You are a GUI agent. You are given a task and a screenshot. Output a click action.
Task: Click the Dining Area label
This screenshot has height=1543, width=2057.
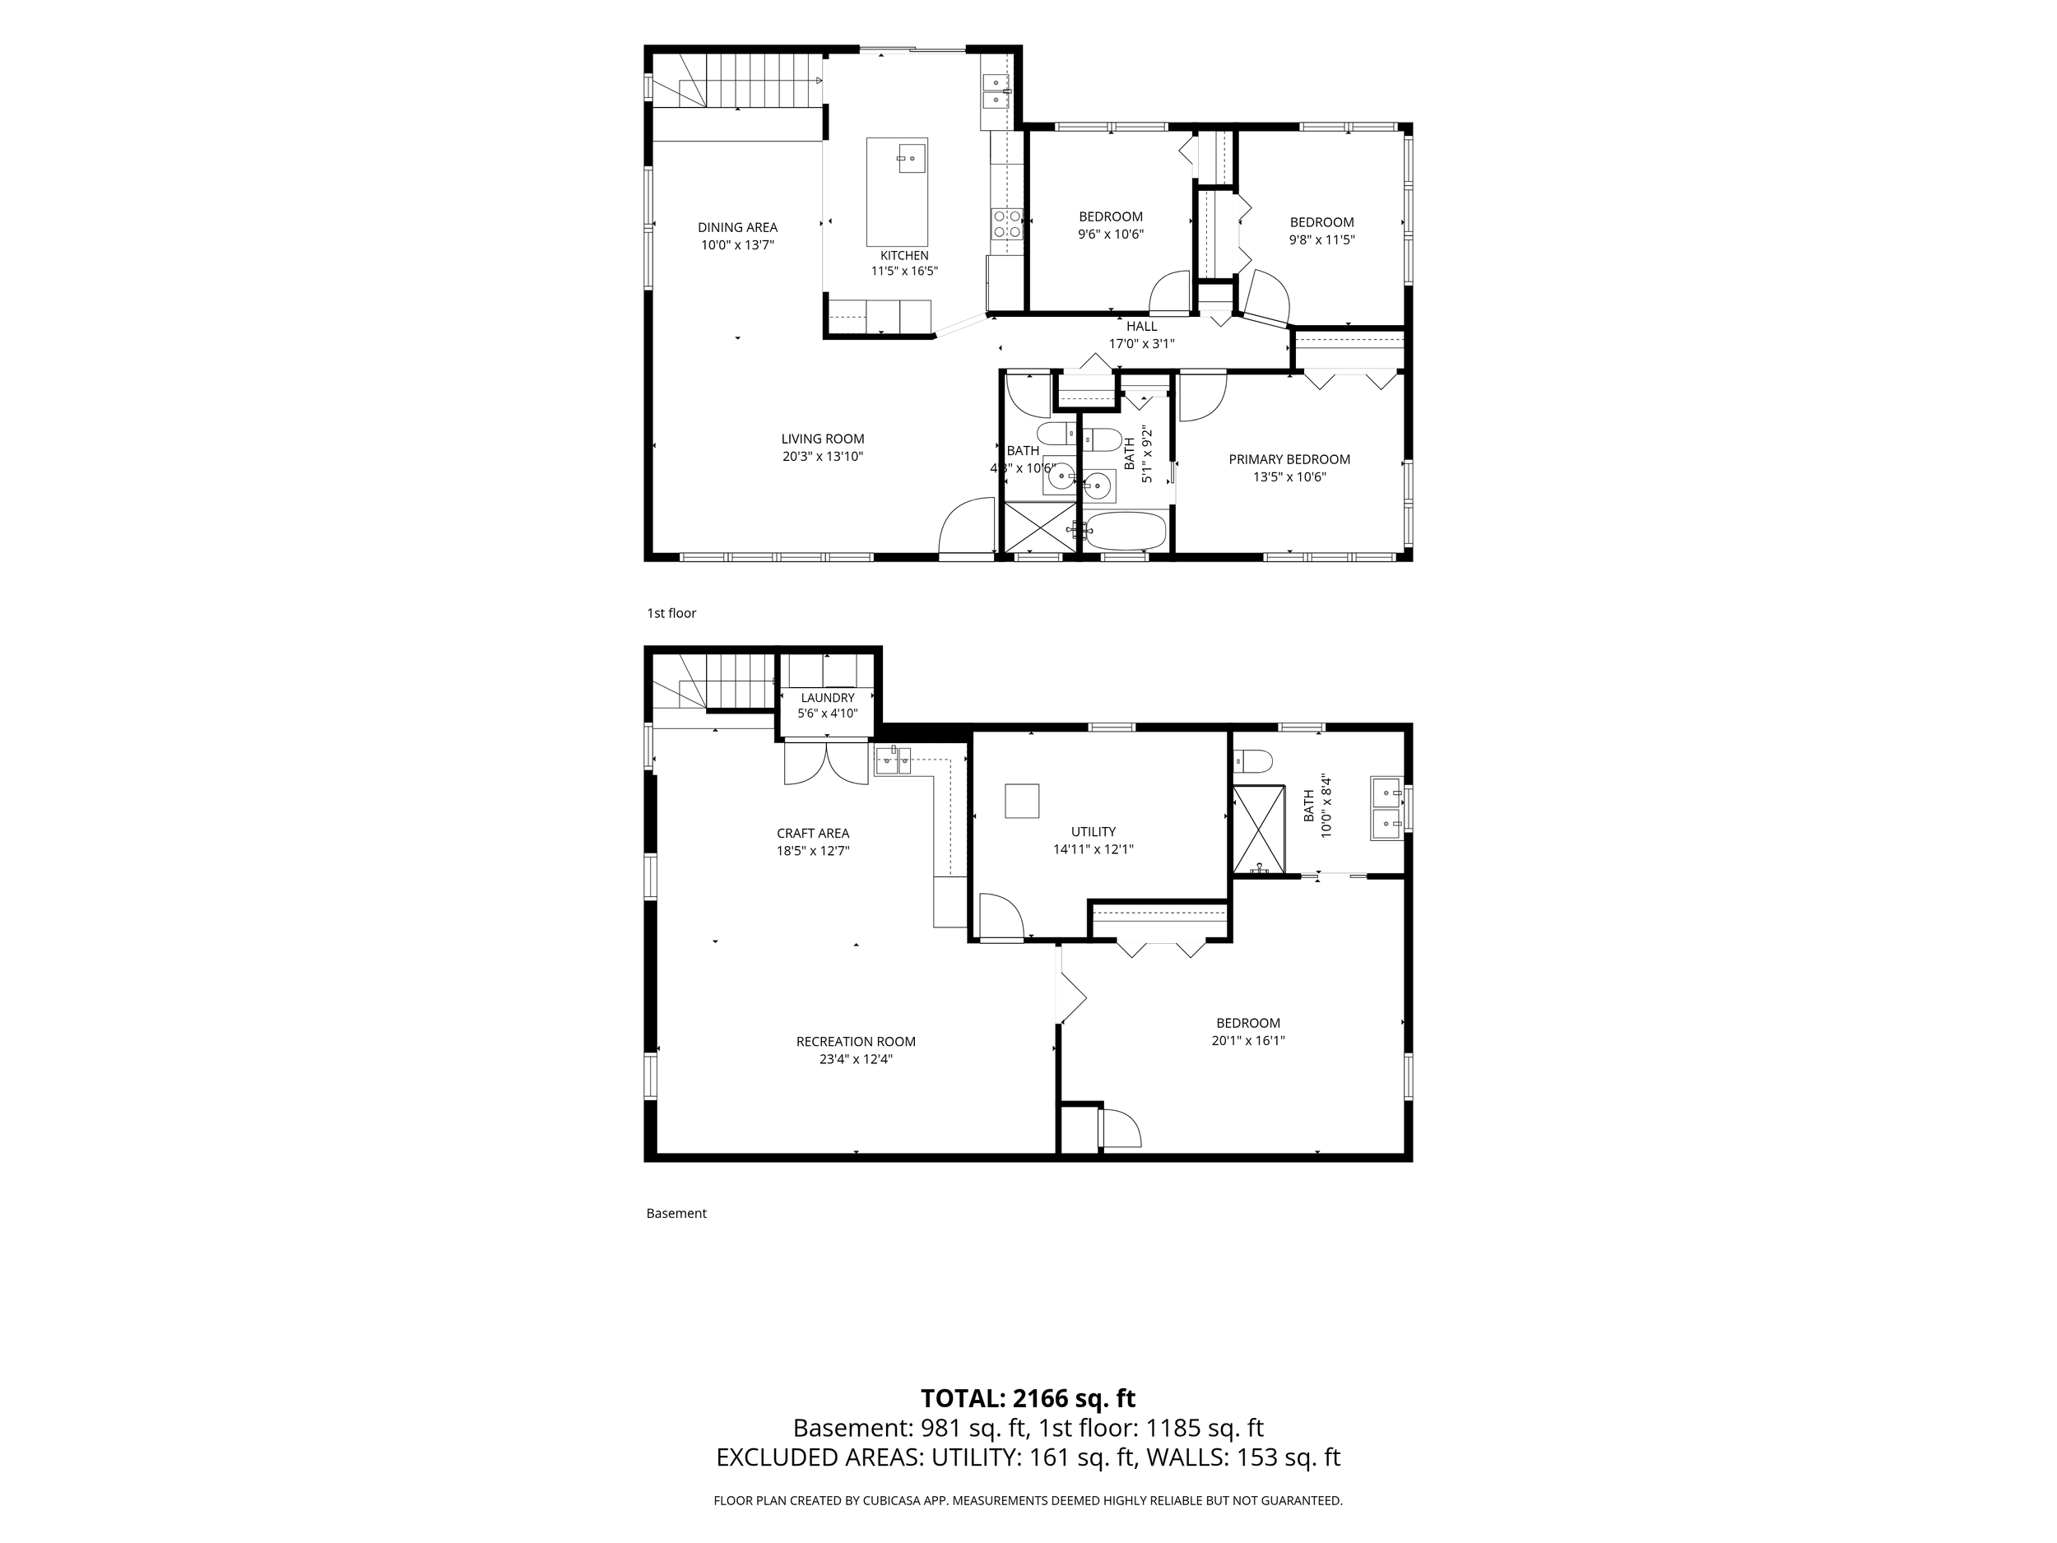coord(737,227)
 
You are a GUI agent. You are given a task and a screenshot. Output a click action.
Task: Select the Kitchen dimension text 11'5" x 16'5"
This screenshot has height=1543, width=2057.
coord(904,272)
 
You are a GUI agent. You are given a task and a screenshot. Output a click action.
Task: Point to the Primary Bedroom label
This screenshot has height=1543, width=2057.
coord(1289,459)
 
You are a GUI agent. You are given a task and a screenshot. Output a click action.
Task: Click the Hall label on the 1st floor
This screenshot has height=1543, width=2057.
coord(1142,327)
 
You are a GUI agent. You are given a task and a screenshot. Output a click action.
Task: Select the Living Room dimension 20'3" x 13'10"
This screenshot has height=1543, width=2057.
coord(823,457)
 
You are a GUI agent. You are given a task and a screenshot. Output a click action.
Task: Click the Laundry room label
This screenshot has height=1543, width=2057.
coord(828,698)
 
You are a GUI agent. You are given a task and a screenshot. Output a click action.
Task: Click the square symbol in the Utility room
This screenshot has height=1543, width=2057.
coord(1021,801)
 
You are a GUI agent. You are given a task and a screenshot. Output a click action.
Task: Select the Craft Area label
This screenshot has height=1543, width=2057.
coord(814,834)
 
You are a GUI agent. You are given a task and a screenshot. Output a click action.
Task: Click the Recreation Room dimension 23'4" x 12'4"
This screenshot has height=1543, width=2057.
coord(856,1058)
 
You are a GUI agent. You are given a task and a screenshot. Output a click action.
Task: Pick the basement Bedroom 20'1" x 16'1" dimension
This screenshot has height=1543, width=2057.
coord(1248,1041)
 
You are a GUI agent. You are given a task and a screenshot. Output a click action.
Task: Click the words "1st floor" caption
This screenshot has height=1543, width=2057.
coord(671,613)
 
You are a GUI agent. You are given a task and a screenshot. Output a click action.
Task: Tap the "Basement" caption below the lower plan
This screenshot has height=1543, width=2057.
coord(676,1213)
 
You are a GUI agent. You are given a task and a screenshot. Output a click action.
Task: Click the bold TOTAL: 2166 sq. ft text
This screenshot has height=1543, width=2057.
coord(1028,1398)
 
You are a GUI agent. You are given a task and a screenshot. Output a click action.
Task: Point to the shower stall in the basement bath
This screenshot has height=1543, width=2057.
coord(1259,830)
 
